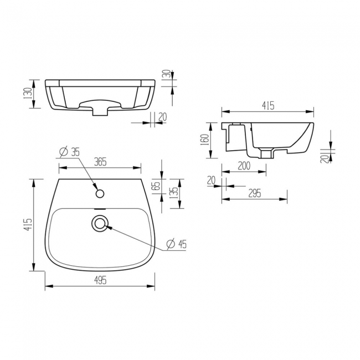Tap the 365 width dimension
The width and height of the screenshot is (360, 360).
point(100,162)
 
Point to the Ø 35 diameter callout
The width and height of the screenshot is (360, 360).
point(68,151)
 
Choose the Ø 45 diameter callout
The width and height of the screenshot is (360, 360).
point(176,243)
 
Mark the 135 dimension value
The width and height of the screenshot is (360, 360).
point(174,193)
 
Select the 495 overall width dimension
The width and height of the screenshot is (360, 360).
point(100,281)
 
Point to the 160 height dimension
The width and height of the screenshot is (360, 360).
point(204,138)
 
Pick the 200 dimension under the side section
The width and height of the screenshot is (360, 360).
point(244,166)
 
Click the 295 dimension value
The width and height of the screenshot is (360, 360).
point(254,193)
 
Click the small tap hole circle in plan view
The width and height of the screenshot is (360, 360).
point(100,193)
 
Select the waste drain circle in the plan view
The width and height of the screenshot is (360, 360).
point(100,224)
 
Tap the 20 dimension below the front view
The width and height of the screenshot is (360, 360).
point(162,116)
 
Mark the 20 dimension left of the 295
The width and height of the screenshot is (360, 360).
point(211,179)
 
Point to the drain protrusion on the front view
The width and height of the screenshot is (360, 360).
point(100,111)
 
